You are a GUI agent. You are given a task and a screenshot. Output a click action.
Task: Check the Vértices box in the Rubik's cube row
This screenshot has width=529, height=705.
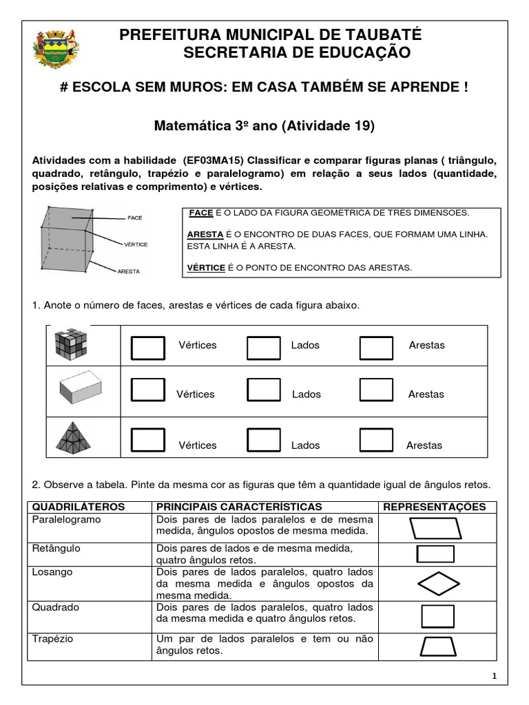point(148,348)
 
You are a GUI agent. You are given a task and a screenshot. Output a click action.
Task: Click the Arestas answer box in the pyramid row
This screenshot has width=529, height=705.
point(377,440)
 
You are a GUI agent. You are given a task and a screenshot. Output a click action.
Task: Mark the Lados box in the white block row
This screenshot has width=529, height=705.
point(263,390)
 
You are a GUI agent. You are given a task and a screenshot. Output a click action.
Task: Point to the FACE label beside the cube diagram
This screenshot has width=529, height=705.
point(134,218)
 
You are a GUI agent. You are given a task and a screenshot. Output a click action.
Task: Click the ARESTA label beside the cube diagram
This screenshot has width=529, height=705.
point(129,271)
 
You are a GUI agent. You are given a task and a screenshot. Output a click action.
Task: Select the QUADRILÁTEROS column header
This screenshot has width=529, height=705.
point(79,507)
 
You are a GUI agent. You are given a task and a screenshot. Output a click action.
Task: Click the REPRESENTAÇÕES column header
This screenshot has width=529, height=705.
point(434,507)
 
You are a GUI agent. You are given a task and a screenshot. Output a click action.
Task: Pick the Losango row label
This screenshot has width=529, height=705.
point(52,572)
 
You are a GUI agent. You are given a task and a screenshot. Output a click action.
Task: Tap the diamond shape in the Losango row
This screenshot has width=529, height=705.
point(437,584)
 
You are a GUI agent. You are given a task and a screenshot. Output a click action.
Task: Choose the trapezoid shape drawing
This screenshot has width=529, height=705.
point(437,646)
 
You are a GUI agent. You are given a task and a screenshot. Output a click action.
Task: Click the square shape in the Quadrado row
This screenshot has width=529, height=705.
point(437,616)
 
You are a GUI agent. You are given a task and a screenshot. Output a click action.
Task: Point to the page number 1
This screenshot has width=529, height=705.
point(494,677)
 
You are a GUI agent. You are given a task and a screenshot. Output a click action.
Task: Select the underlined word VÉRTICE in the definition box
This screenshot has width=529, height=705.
point(206,268)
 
